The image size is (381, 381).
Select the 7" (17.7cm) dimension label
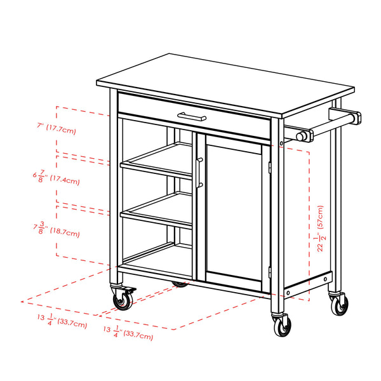click(x=57, y=129)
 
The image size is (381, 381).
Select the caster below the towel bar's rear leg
click(x=340, y=304)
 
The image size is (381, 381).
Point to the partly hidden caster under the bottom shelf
click(x=181, y=283)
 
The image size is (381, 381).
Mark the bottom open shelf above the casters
click(x=152, y=257)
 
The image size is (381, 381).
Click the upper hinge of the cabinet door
click(x=270, y=166)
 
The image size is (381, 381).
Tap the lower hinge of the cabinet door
click(x=270, y=272)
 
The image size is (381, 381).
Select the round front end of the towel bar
click(x=303, y=136)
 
